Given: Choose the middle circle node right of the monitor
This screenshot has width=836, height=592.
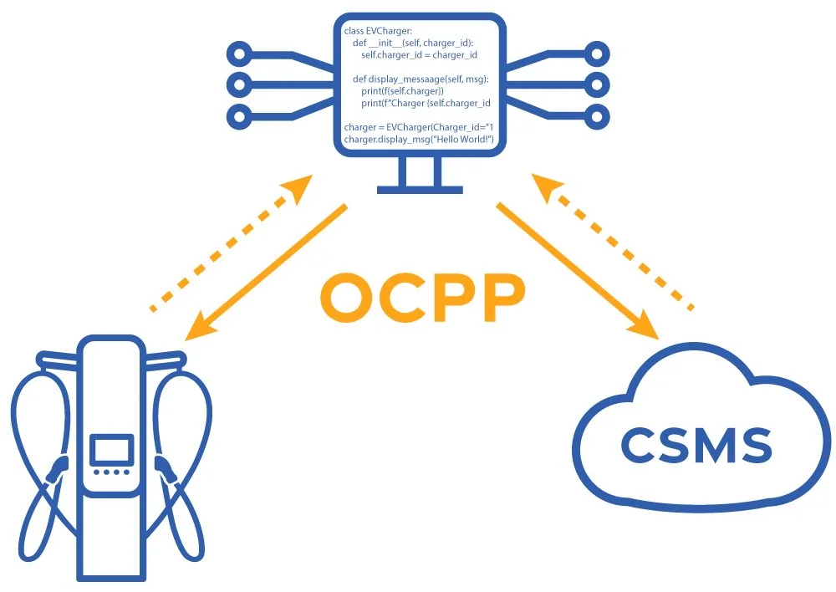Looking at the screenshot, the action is (x=598, y=84).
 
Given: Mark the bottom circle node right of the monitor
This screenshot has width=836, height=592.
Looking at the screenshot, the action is (x=598, y=115).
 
